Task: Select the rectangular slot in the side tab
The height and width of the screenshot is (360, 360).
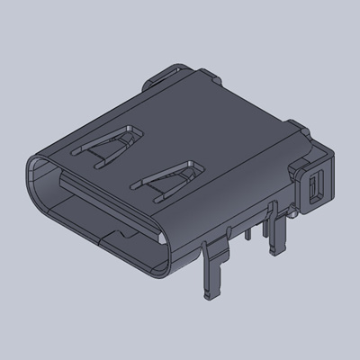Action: [x=314, y=189]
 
